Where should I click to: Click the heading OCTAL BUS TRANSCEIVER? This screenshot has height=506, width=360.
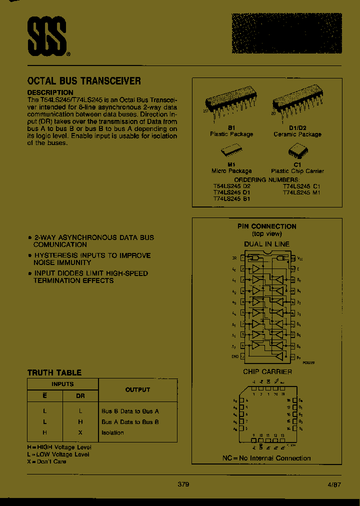84,80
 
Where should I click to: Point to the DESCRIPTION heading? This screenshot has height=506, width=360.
50,92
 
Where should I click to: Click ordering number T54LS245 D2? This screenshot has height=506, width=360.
232,186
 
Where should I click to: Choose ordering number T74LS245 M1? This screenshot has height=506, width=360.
301,192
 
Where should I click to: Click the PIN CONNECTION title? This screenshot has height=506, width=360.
266,226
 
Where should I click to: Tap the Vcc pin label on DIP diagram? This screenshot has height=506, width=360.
300,258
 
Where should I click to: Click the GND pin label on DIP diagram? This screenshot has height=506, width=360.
234,356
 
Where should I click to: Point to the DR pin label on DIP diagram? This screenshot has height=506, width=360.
234,258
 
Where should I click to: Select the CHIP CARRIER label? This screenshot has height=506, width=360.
267,371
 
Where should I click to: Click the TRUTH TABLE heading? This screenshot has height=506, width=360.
54,372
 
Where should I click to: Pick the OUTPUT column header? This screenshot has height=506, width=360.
137,389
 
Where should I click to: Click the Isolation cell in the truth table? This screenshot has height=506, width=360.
112,432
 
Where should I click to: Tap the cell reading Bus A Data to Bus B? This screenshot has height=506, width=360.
130,421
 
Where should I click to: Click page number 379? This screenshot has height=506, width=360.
183,484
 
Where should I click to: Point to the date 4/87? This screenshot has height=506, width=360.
334,484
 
